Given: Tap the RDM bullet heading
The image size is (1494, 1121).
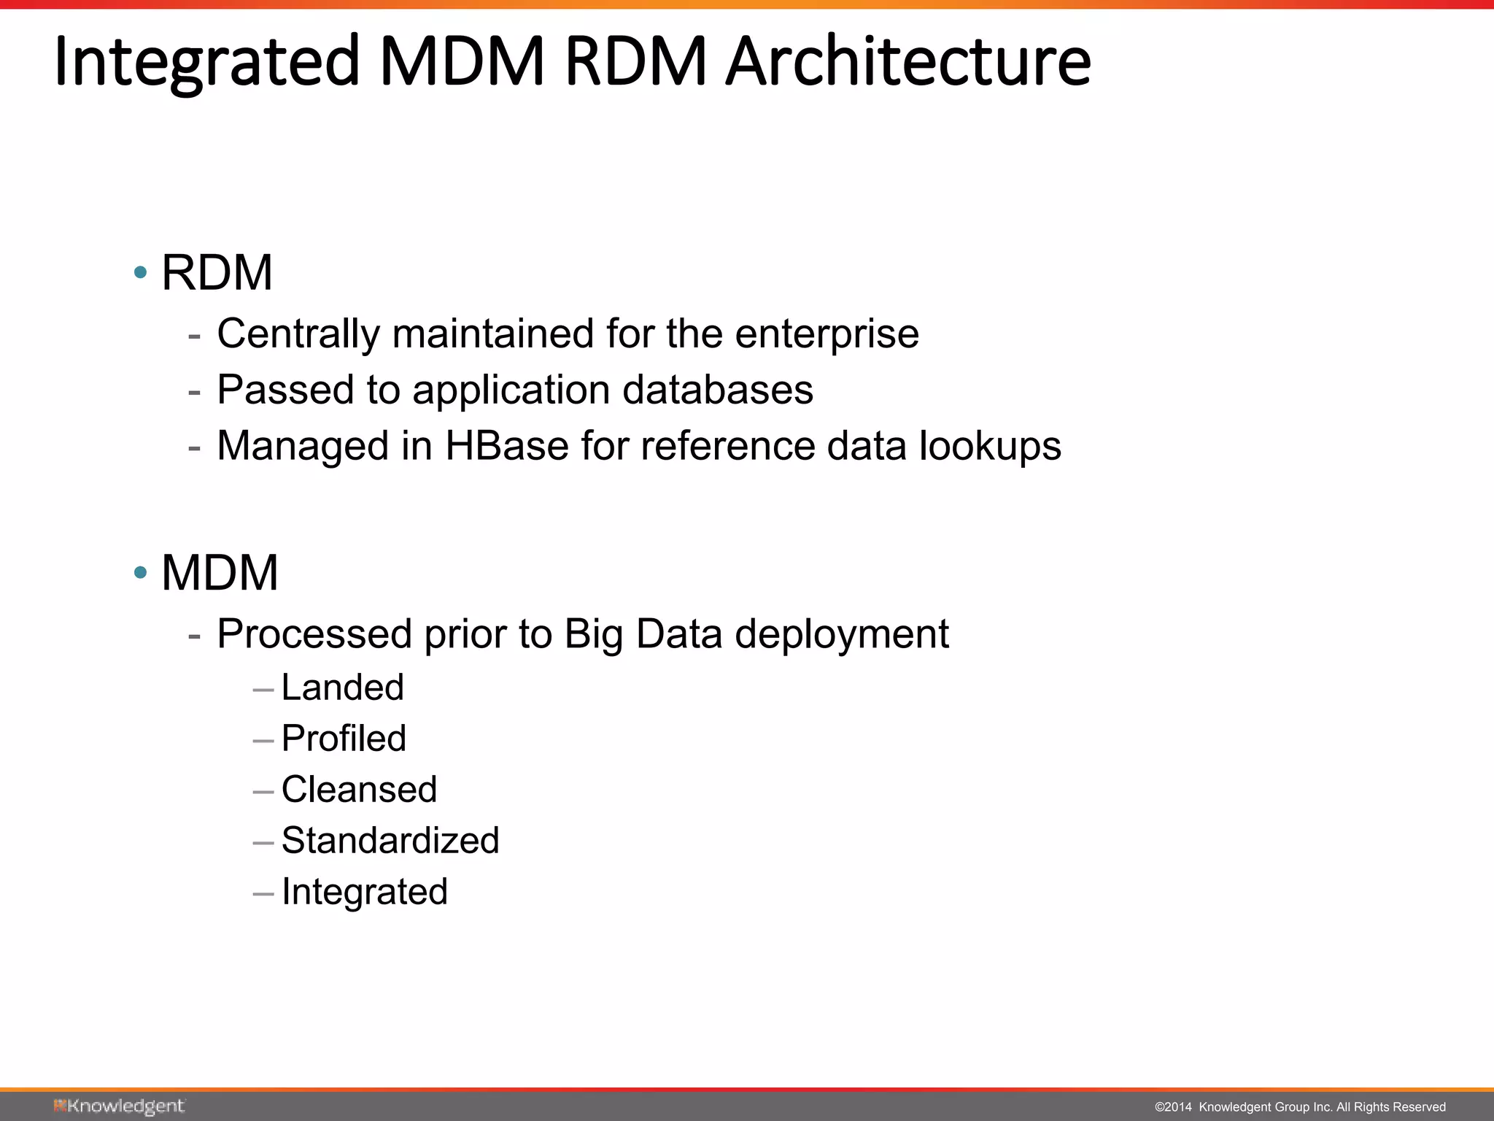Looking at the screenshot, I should [x=217, y=273].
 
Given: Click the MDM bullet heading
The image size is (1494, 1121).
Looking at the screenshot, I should [x=220, y=573].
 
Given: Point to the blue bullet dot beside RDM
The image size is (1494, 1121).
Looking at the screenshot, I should [x=141, y=274].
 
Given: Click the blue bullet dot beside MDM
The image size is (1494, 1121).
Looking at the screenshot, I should [x=141, y=573].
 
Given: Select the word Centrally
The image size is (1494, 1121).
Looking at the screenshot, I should [x=298, y=334].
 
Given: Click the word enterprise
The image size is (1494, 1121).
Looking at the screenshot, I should [x=827, y=334].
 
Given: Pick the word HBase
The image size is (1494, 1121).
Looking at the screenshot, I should [x=506, y=446].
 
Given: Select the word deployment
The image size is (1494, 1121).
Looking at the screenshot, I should [x=842, y=633].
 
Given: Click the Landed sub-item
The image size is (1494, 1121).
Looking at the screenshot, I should [x=342, y=687].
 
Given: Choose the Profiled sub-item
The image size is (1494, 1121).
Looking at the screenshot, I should [x=344, y=739].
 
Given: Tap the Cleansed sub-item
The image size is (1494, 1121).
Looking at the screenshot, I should [x=359, y=790].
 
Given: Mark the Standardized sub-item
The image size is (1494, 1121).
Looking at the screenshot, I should [x=390, y=841].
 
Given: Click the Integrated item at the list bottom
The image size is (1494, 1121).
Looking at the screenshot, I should [x=364, y=892].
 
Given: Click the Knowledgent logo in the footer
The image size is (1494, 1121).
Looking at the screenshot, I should [x=119, y=1106].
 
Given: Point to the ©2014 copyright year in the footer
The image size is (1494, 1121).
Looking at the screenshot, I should [x=1172, y=1107].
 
